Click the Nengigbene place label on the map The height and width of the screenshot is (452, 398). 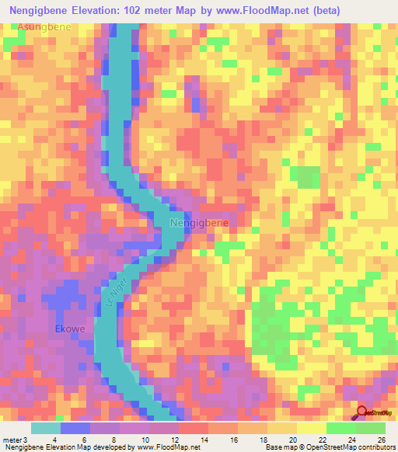point(199,224)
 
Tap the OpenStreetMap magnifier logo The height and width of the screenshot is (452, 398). point(361,412)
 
